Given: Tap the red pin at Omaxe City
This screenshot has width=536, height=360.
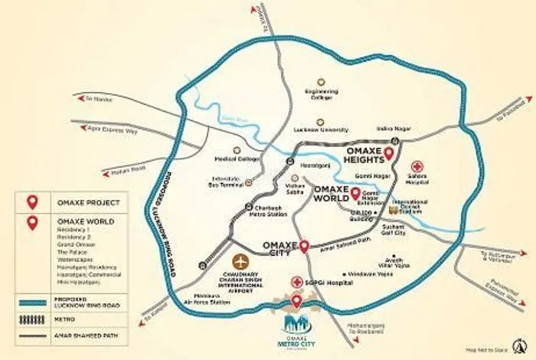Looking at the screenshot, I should [x=305, y=246].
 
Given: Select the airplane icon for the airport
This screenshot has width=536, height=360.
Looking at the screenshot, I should [x=243, y=260].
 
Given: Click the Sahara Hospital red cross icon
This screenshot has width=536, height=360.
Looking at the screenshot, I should [x=417, y=166].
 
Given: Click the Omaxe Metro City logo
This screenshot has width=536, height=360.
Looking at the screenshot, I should [x=296, y=330].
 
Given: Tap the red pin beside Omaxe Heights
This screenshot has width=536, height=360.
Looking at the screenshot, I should [x=388, y=153].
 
